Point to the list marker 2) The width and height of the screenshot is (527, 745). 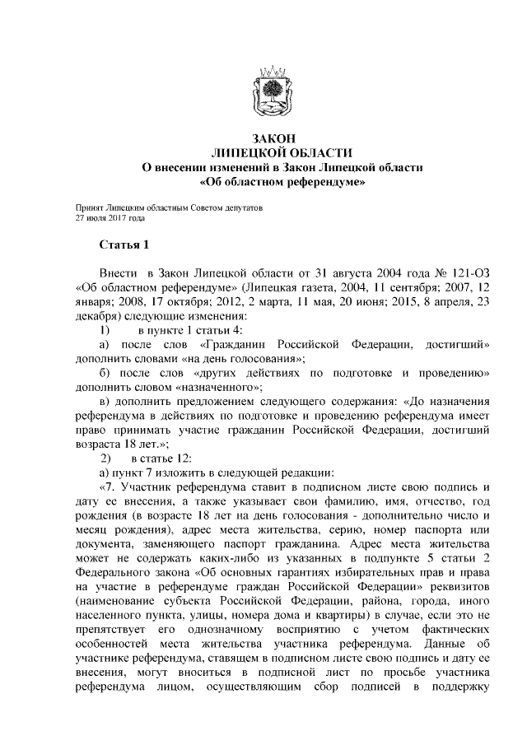pos(105,457)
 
